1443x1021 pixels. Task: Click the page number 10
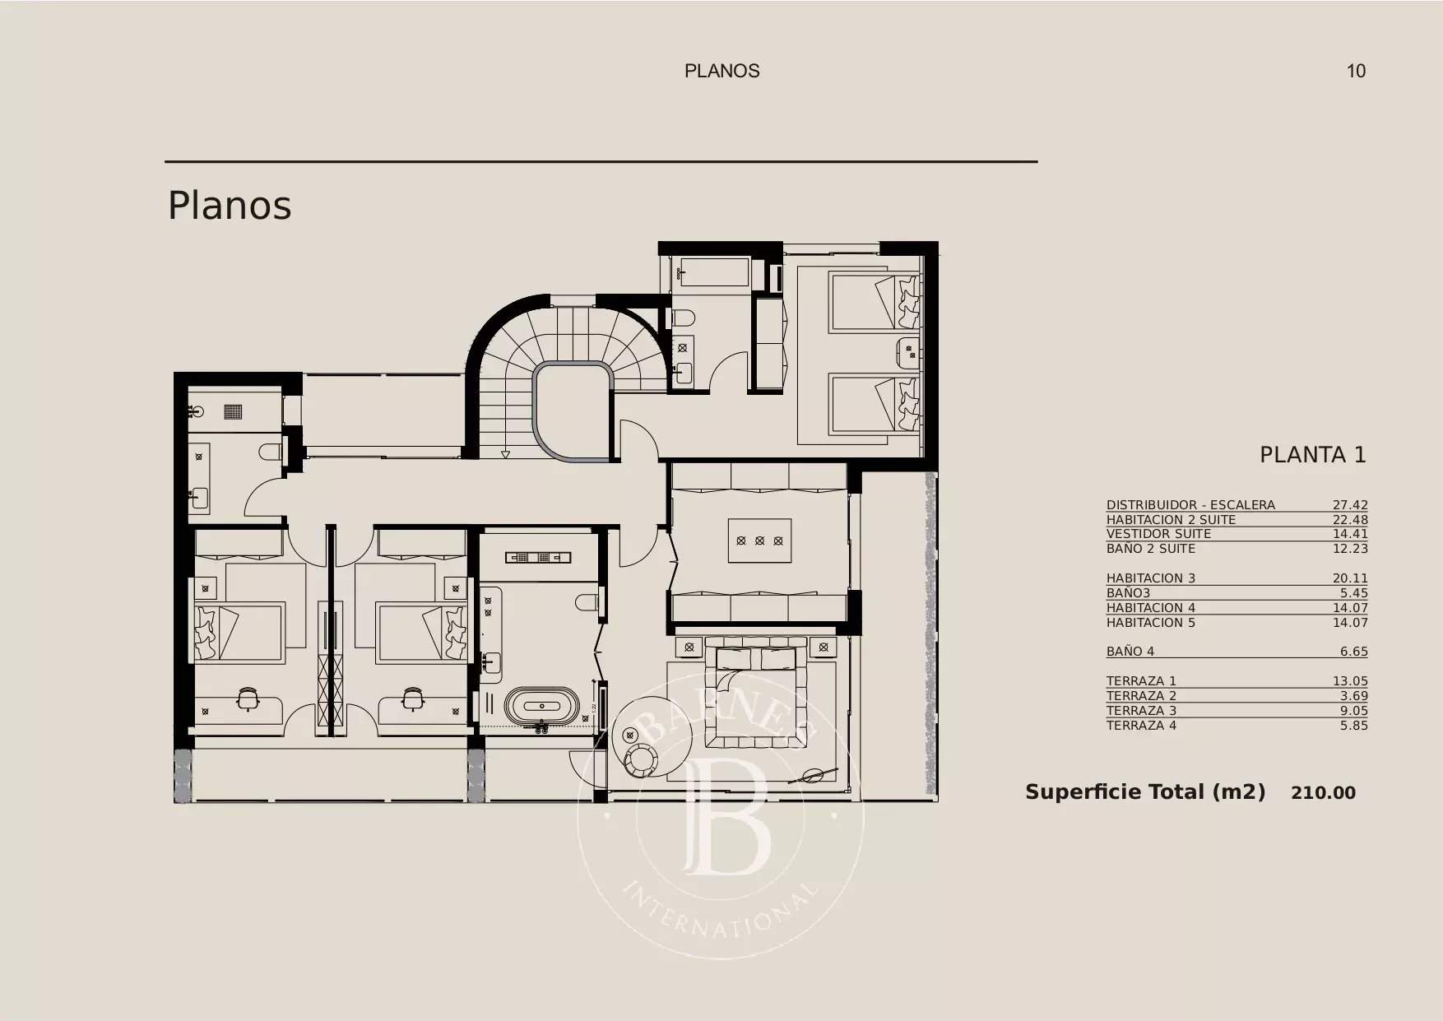pyautogui.click(x=1355, y=71)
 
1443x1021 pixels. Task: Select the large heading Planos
pyautogui.click(x=230, y=206)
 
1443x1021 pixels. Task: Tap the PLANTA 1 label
pyautogui.click(x=1312, y=455)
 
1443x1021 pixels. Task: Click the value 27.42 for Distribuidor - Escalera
pyautogui.click(x=1349, y=505)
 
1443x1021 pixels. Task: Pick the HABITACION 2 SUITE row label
pyautogui.click(x=1170, y=520)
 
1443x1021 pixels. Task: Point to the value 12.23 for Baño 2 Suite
pyautogui.click(x=1349, y=549)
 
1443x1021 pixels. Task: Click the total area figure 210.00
pyautogui.click(x=1323, y=793)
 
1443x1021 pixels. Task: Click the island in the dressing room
pyautogui.click(x=759, y=541)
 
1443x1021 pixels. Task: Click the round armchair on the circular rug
pyautogui.click(x=639, y=759)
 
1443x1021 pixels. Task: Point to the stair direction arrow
pyautogui.click(x=505, y=455)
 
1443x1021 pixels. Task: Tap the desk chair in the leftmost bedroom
pyautogui.click(x=247, y=699)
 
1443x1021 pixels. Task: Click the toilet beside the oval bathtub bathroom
pyautogui.click(x=587, y=603)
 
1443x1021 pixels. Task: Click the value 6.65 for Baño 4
pyautogui.click(x=1353, y=652)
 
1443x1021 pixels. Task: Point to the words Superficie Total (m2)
pyautogui.click(x=1144, y=792)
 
